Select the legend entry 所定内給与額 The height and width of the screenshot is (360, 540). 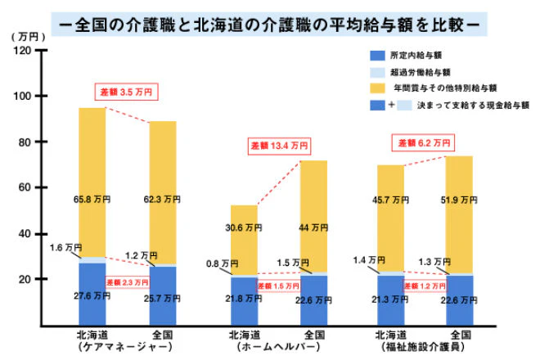click(x=412, y=56)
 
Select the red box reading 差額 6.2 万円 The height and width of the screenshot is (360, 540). click(x=424, y=143)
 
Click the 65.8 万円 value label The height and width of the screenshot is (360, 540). click(x=91, y=197)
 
